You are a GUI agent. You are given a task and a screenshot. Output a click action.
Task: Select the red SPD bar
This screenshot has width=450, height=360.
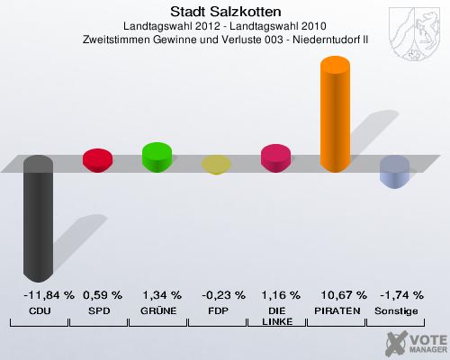click(97, 160)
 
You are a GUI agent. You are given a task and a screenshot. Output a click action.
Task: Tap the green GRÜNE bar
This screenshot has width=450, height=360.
click(157, 157)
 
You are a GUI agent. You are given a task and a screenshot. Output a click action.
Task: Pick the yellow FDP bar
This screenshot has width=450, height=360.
click(216, 164)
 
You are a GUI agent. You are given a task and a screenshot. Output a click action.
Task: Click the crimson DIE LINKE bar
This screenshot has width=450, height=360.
click(275, 158)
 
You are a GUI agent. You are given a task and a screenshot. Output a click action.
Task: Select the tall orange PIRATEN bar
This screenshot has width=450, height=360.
click(335, 113)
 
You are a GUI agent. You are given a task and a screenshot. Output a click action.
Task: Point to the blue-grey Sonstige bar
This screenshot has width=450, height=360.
click(394, 171)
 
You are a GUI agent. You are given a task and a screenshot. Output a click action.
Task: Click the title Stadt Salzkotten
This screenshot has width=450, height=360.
click(225, 12)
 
